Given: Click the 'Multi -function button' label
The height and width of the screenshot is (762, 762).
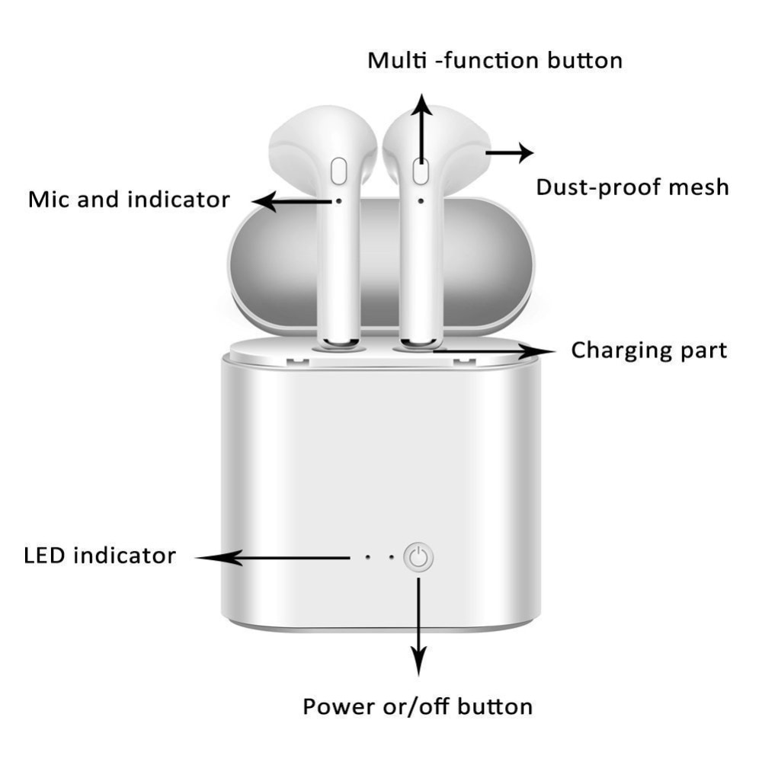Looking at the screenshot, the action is click(495, 61).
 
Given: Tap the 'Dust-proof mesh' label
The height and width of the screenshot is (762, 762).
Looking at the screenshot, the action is click(632, 187).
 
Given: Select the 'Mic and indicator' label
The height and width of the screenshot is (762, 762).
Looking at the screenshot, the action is click(129, 199).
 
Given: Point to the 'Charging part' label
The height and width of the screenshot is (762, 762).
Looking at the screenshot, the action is click(648, 351).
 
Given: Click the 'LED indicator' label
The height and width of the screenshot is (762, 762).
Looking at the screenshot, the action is click(100, 555).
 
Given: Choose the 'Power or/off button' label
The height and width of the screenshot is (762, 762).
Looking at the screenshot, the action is click(418, 706).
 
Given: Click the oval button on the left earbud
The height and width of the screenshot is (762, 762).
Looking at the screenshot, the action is click(339, 171).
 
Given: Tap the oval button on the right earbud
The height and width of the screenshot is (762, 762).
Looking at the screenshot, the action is click(421, 171).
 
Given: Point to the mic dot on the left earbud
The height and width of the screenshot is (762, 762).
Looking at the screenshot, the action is click(339, 200).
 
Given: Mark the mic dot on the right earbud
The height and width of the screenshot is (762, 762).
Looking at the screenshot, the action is click(421, 200).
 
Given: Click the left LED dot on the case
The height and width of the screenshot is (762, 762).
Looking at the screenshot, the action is click(368, 557).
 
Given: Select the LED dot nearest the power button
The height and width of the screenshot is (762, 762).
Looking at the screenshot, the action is click(392, 557).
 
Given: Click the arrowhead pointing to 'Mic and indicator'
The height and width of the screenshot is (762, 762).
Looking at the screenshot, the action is click(264, 201).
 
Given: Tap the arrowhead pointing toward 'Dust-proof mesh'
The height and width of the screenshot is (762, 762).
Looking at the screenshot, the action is click(525, 152).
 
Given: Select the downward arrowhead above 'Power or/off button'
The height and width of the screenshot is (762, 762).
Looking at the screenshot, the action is click(418, 661).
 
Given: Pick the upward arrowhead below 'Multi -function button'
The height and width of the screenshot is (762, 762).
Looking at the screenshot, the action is click(421, 104).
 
